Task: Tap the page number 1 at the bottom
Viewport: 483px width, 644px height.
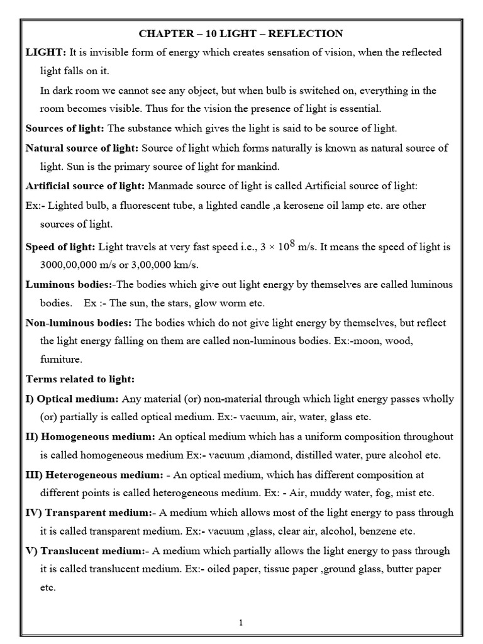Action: tap(241, 623)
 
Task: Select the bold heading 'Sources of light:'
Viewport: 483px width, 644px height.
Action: tap(65, 128)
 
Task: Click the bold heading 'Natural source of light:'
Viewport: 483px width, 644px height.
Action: tap(82, 148)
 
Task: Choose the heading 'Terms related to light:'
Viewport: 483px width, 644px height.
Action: tap(80, 379)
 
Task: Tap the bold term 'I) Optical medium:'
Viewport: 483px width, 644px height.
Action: tap(72, 399)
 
